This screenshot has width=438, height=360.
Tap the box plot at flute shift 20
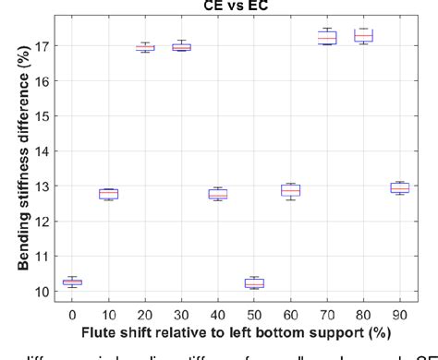144,47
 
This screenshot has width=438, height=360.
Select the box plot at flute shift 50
254,282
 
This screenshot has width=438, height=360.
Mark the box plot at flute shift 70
327,37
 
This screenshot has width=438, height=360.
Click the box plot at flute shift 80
363,36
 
